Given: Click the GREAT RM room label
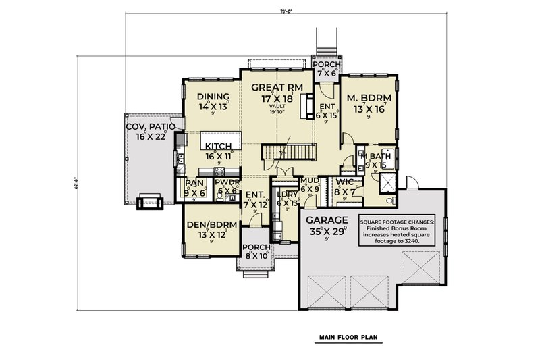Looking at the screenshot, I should coord(274,87).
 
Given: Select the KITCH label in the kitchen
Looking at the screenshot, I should coord(219,146).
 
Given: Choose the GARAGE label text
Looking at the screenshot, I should coord(327,220).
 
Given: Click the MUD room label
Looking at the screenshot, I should coord(310,181).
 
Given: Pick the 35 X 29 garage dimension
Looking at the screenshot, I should coord(327,230).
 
